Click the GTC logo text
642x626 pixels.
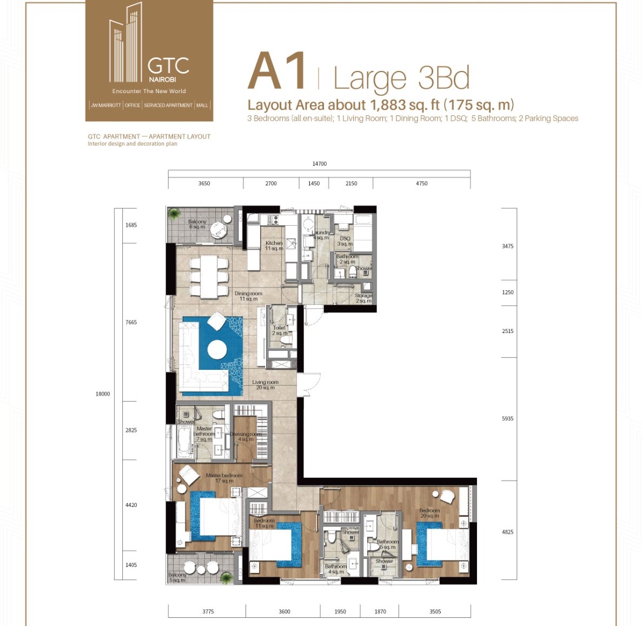pyautogui.click(x=168, y=66)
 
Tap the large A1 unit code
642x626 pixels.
pyautogui.click(x=277, y=72)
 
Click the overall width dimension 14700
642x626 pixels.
pyautogui.click(x=319, y=164)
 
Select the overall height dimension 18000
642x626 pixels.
pyautogui.click(x=103, y=394)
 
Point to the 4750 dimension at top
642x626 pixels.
pyautogui.click(x=421, y=184)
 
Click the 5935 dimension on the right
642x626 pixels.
pyautogui.click(x=507, y=419)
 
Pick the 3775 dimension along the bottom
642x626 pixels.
pyautogui.click(x=208, y=611)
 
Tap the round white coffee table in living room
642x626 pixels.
pyautogui.click(x=217, y=349)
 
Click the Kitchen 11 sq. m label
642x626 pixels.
pyautogui.click(x=274, y=246)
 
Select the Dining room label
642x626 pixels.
pyautogui.click(x=248, y=296)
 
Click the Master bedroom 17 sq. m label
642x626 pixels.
pyautogui.click(x=224, y=478)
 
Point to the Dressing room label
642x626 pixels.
pyautogui.click(x=246, y=436)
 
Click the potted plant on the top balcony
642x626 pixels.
pyautogui.click(x=174, y=214)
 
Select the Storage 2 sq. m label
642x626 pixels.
pyautogui.click(x=363, y=298)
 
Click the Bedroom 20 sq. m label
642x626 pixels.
pyautogui.click(x=429, y=513)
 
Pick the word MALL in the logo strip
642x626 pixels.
pyautogui.click(x=202, y=105)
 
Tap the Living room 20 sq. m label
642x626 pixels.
pyautogui.click(x=265, y=384)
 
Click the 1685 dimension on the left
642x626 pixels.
pyautogui.click(x=131, y=225)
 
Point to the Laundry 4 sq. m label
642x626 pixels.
pyautogui.click(x=321, y=234)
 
